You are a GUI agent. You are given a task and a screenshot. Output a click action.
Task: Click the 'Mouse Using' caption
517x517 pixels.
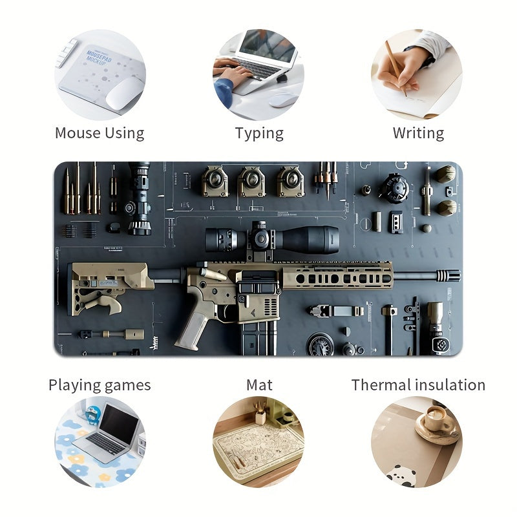tap(100, 133)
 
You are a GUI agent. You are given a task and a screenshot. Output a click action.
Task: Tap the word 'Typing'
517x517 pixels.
tap(259, 133)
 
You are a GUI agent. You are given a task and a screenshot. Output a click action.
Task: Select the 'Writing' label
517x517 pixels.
tap(418, 133)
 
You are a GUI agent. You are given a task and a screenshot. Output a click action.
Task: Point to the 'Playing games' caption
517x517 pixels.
tap(100, 385)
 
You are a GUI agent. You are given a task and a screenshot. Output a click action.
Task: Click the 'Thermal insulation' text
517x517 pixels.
tap(418, 385)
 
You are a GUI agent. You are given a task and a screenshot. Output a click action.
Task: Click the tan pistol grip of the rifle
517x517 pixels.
tap(194, 323)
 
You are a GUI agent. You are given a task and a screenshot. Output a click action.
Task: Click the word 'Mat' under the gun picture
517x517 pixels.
tap(259, 385)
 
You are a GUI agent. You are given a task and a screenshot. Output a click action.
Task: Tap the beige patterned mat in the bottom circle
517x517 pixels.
tap(258, 446)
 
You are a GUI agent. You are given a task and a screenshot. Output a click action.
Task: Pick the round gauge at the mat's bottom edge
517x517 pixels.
tap(320, 344)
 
